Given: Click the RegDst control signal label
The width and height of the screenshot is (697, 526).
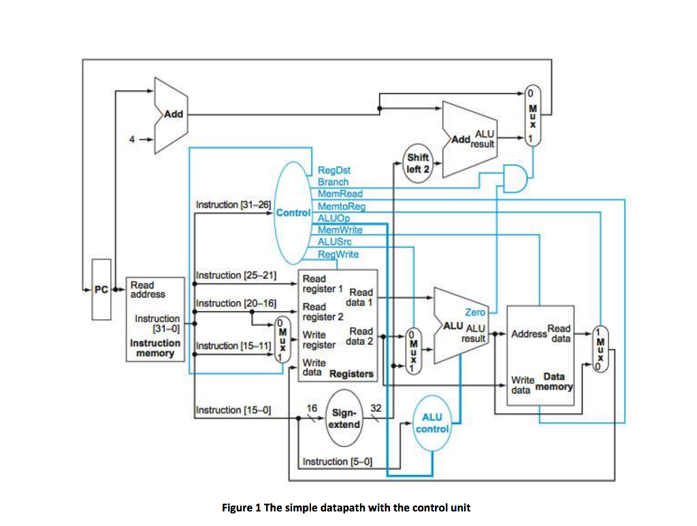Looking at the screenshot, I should [x=334, y=169].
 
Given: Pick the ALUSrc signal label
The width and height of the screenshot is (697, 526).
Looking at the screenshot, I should [x=334, y=242].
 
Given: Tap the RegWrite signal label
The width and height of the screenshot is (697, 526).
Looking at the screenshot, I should [x=338, y=254].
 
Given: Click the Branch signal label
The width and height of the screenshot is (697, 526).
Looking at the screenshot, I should [x=333, y=182].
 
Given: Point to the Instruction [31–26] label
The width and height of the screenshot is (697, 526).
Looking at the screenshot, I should [x=233, y=204].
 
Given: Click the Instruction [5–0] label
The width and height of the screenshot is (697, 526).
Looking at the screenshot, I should [x=338, y=462].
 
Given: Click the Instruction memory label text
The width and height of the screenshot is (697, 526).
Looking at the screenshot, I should [x=155, y=348].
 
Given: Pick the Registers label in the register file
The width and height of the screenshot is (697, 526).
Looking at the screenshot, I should [x=351, y=374].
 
